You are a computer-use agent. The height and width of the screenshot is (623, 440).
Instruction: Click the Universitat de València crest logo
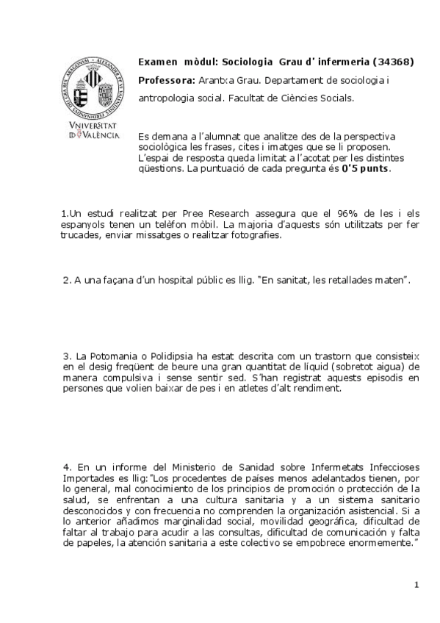tap(92, 93)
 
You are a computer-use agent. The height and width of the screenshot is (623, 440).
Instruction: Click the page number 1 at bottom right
tap(416, 585)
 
